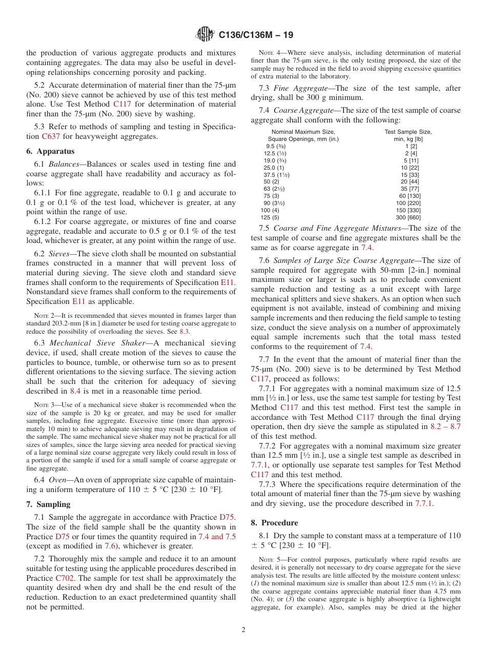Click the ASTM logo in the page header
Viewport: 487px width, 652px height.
(205, 35)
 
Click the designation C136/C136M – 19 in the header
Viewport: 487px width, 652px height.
(256, 35)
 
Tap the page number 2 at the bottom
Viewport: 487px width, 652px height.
(243, 630)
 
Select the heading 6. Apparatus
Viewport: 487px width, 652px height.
(50, 151)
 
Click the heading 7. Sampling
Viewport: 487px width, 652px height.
(48, 504)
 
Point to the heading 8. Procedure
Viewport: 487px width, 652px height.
(274, 523)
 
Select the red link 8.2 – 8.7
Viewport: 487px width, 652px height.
(445, 426)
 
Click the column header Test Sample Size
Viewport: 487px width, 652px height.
(408, 132)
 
